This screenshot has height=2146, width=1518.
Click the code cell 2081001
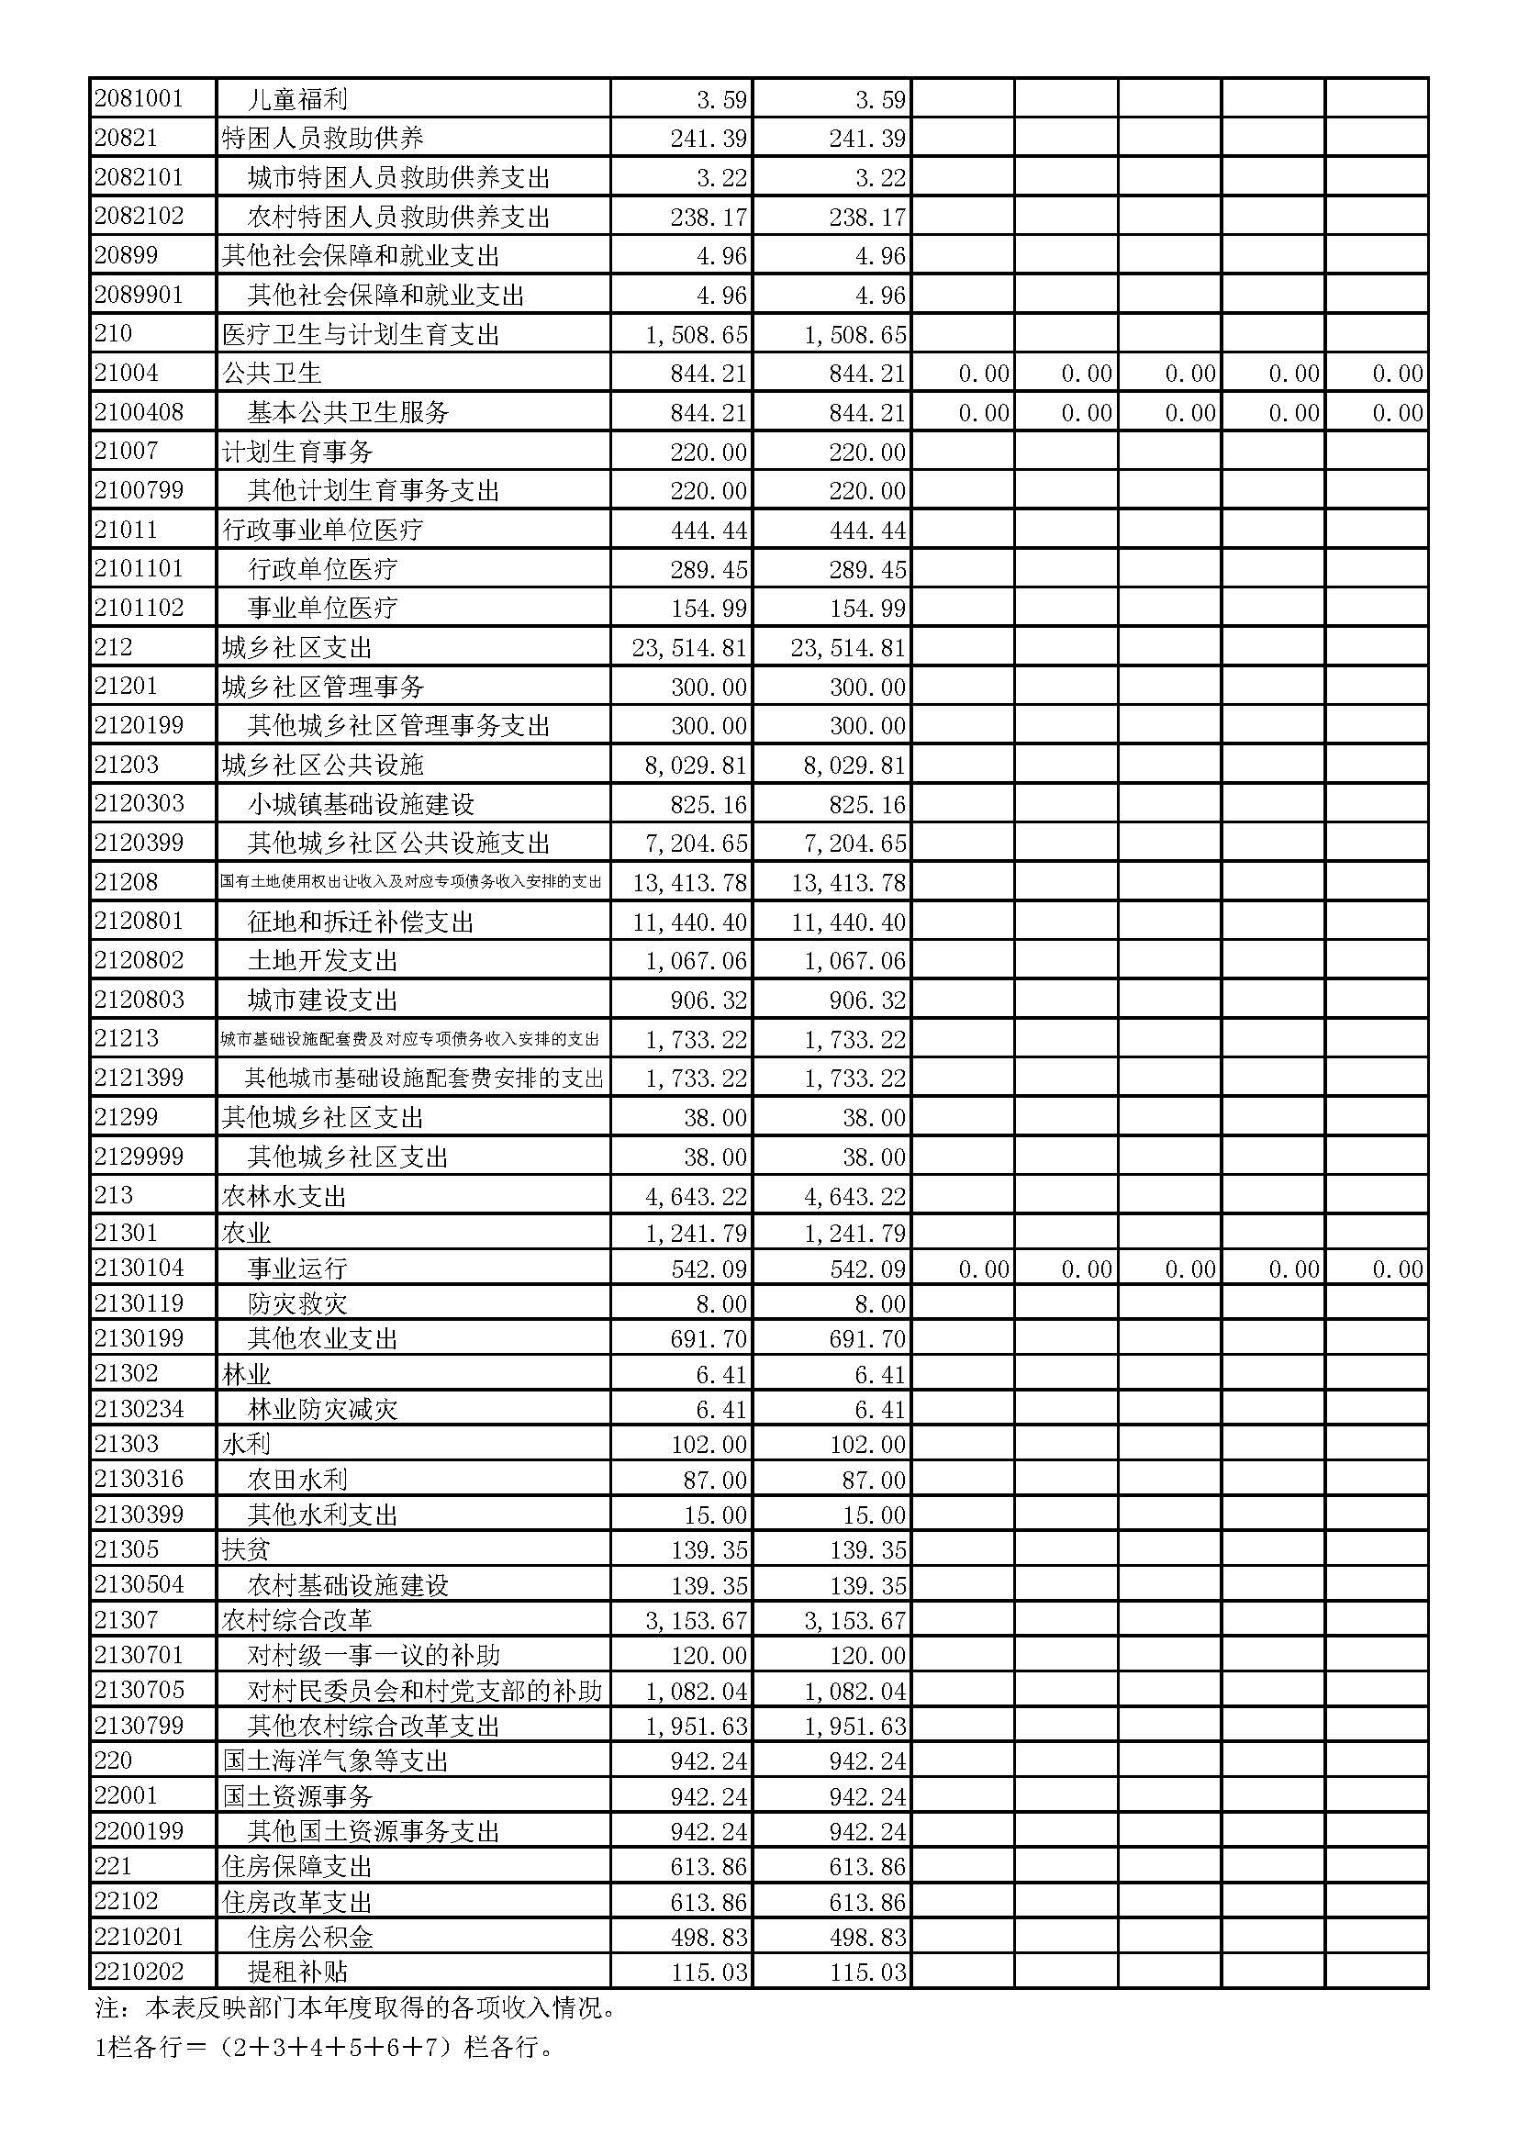click(139, 98)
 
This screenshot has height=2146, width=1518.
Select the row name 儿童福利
click(297, 99)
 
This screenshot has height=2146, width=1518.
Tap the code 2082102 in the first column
click(139, 216)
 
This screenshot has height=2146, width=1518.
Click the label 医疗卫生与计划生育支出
click(361, 335)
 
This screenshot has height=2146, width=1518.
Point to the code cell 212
click(113, 647)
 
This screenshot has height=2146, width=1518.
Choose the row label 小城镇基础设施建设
click(361, 804)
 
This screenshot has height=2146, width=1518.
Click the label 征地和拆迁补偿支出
click(361, 922)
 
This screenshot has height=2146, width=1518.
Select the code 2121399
click(139, 1077)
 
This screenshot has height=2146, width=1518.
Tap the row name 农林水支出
click(285, 1196)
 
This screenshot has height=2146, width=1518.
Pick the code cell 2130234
click(139, 1409)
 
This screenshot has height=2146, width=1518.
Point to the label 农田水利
click(297, 1480)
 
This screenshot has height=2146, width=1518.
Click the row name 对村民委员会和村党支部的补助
click(424, 1691)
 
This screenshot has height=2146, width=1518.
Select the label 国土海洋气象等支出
click(335, 1761)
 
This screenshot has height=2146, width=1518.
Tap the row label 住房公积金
click(310, 1938)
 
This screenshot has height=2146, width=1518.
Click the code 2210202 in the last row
click(139, 1973)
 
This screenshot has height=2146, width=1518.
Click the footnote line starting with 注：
click(355, 2007)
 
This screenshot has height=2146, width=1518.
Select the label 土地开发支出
click(322, 961)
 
